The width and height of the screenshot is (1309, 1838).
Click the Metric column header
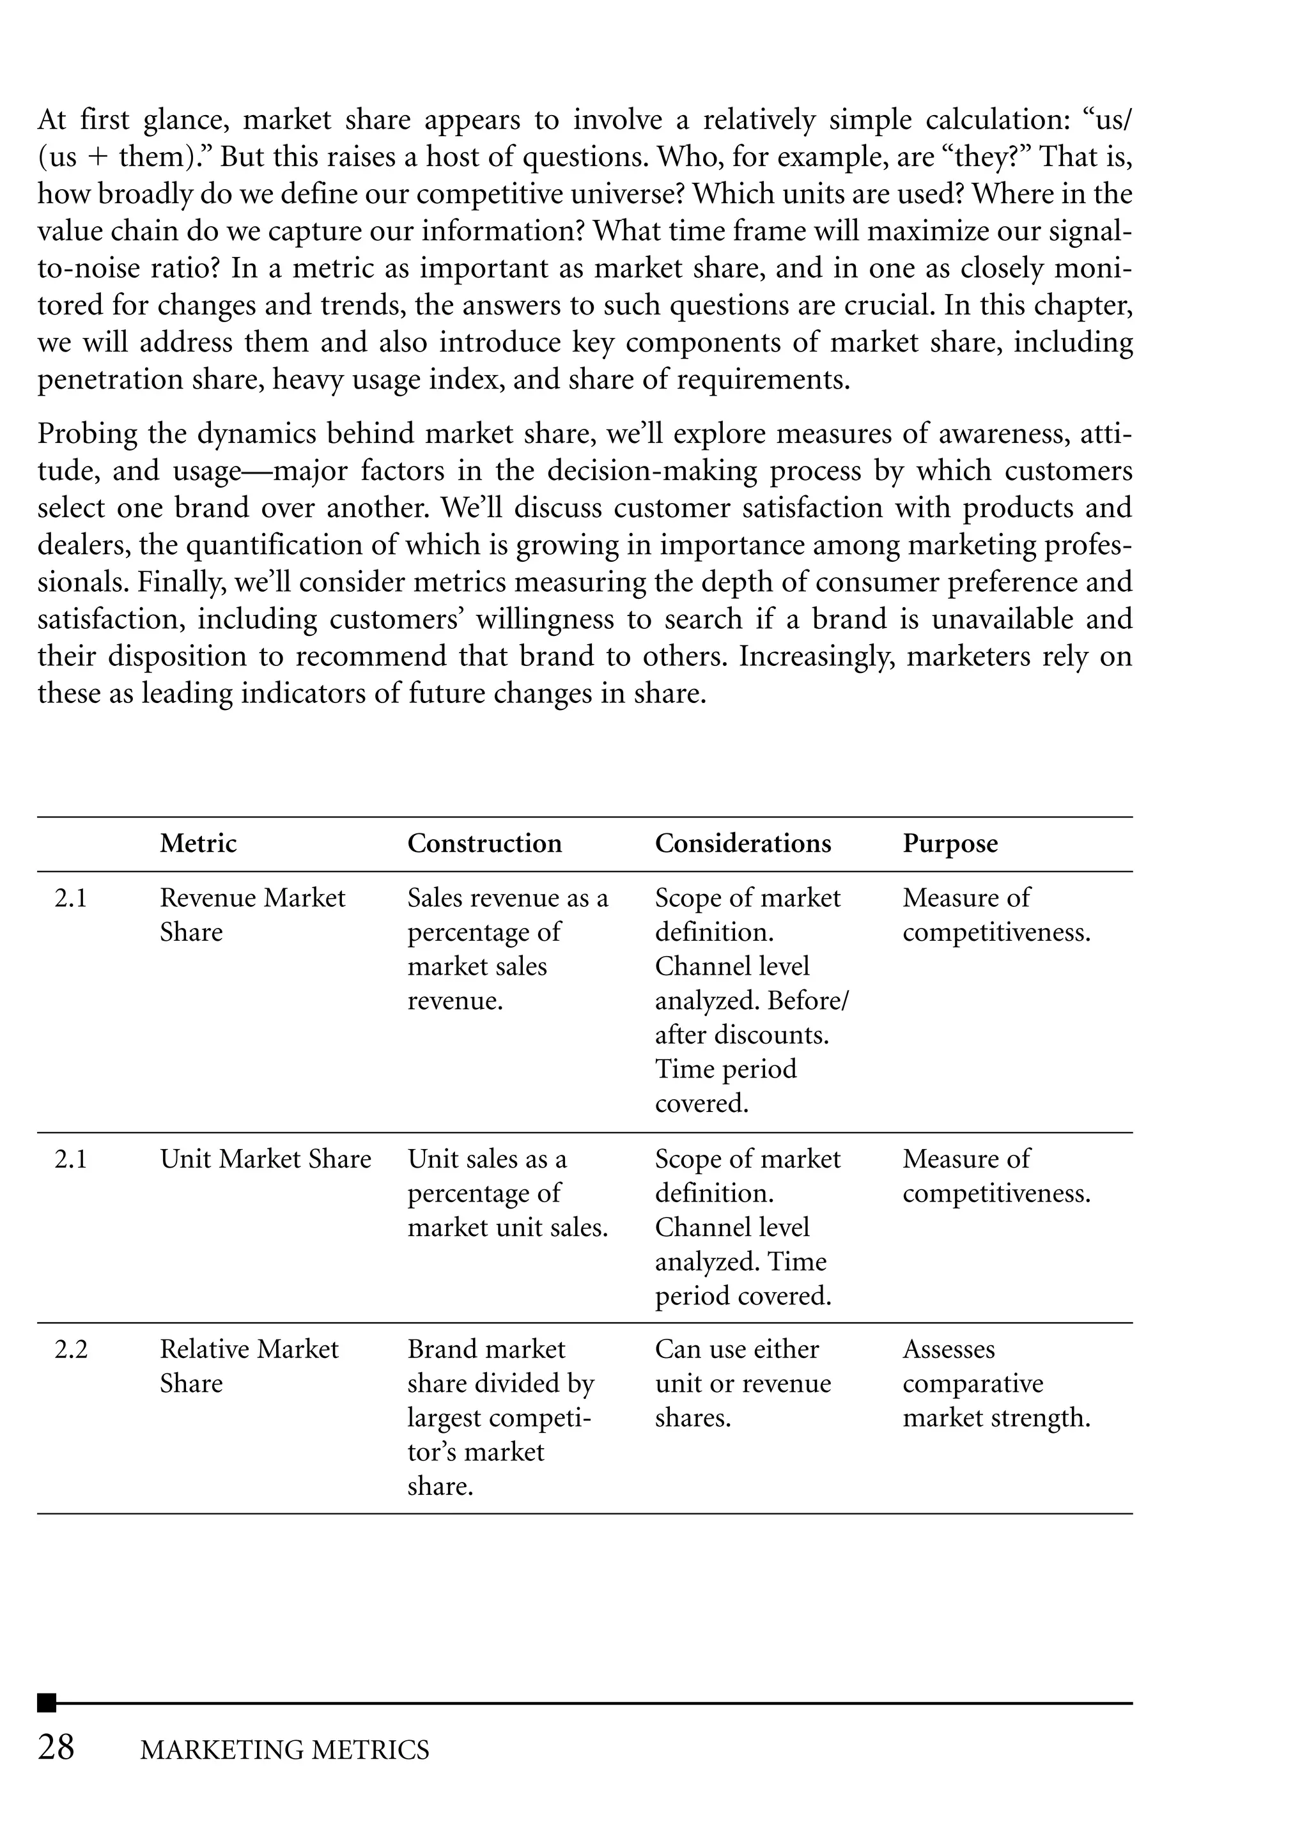[x=198, y=843]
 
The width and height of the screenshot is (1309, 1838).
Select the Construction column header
[x=484, y=843]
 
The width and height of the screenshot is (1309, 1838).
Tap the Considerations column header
[x=742, y=843]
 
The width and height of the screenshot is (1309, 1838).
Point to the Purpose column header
[x=950, y=843]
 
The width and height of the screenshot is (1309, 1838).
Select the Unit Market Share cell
[x=265, y=1159]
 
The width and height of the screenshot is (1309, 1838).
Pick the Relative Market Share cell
[x=249, y=1366]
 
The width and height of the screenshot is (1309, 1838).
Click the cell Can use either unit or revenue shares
[x=742, y=1384]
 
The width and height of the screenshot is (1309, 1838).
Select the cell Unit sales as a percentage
[x=507, y=1193]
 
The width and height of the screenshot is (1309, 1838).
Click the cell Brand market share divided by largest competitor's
[x=500, y=1417]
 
